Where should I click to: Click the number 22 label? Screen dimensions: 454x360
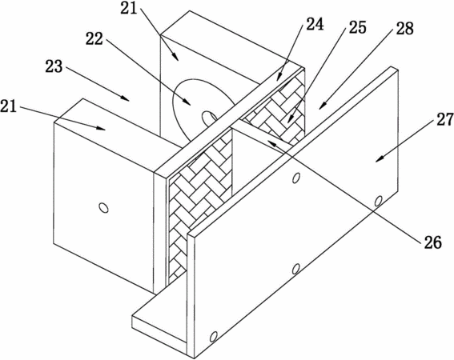(x=94, y=38)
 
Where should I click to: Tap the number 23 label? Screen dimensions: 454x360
(x=54, y=66)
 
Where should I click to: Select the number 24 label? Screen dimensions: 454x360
(x=315, y=24)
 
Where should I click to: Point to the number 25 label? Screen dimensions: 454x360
(x=358, y=27)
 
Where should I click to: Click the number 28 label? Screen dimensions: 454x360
(x=405, y=28)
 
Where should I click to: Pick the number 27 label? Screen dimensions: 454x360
(x=445, y=119)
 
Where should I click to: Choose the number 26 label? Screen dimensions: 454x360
(x=433, y=242)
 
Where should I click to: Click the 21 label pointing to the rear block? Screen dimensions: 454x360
(x=129, y=8)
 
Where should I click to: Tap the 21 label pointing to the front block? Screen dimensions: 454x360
(x=8, y=106)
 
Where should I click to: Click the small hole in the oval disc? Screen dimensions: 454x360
(x=209, y=118)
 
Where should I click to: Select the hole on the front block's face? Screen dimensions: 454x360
(x=103, y=207)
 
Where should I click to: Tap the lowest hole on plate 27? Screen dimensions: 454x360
(x=214, y=337)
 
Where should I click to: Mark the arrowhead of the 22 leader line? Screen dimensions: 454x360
(x=188, y=102)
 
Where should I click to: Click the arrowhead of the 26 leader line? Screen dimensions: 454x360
(x=270, y=141)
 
